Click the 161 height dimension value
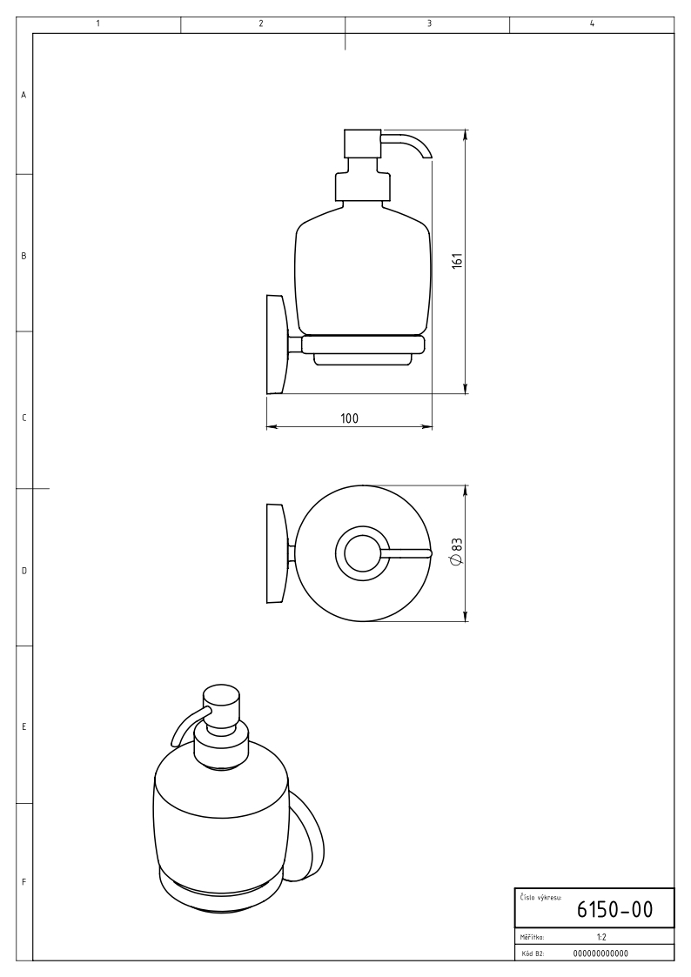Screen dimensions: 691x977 click(458, 260)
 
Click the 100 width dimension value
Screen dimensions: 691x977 click(350, 418)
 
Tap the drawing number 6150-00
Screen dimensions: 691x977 click(614, 910)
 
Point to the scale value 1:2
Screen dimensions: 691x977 click(601, 937)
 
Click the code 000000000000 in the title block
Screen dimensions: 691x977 click(600, 954)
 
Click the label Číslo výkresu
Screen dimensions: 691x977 click(540, 897)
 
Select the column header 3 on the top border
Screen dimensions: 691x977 click(429, 23)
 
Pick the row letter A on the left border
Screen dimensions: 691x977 click(23, 96)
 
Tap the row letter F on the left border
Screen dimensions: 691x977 click(23, 881)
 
